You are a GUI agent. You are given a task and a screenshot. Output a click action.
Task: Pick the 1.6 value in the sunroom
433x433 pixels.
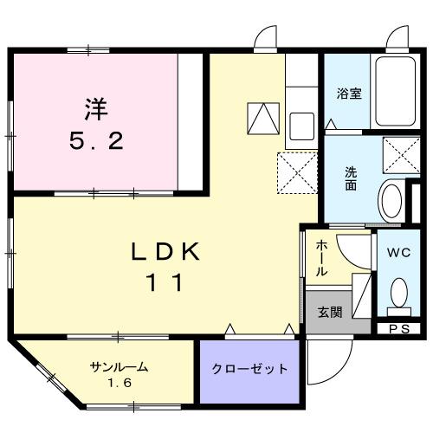(120, 382)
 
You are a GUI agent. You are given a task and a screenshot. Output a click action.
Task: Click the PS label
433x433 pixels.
(398, 328)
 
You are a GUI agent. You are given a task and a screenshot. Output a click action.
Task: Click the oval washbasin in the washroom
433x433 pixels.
(392, 202)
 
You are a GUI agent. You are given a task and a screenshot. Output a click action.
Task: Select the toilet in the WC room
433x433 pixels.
(398, 292)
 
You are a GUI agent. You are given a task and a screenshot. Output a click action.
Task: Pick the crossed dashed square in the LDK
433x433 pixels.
(295, 171)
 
